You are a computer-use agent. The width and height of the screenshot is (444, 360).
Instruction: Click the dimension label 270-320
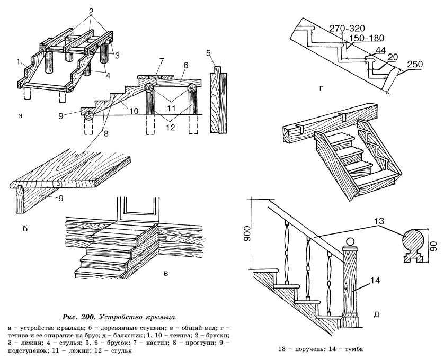(x=346, y=28)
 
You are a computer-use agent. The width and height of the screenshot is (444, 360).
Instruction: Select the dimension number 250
(x=416, y=65)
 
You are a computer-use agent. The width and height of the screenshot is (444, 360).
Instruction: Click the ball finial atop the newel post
(x=349, y=242)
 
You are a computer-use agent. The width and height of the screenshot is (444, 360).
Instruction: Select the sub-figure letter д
(x=376, y=314)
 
